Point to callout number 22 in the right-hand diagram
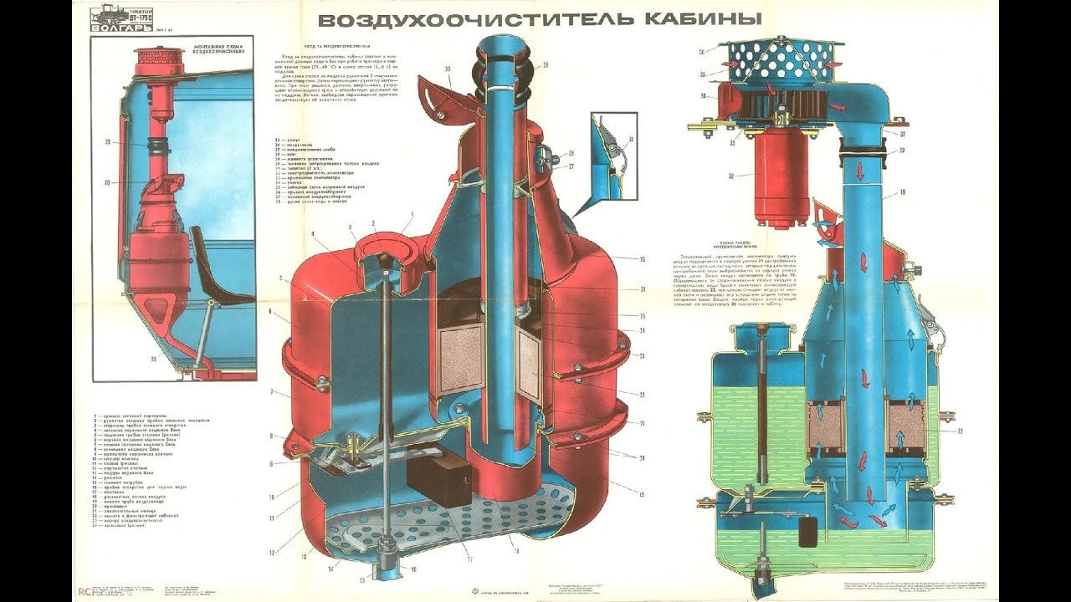pos(960,431)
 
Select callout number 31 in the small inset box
pos(631,140)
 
